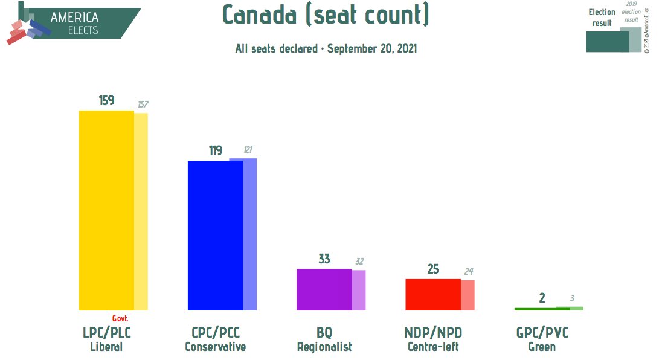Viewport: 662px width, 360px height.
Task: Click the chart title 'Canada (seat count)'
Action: click(x=326, y=14)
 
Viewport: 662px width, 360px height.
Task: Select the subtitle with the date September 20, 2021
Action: click(x=326, y=48)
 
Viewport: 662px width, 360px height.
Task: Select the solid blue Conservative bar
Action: click(x=215, y=236)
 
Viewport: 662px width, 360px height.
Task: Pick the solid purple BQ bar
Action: click(x=324, y=289)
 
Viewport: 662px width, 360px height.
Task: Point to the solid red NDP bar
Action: click(x=432, y=294)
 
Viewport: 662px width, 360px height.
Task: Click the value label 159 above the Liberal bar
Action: click(x=107, y=100)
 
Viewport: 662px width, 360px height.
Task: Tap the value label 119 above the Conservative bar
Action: click(x=216, y=150)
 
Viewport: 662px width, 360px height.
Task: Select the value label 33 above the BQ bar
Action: click(x=324, y=259)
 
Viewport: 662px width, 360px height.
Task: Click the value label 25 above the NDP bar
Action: click(x=433, y=269)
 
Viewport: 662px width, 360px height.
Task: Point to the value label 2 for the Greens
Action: click(x=542, y=297)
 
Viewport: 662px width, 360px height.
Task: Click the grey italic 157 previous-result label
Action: click(x=143, y=104)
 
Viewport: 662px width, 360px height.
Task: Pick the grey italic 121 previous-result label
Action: click(x=248, y=150)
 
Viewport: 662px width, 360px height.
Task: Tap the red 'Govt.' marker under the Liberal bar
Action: click(x=120, y=318)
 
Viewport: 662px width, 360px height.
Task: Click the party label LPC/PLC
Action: click(x=107, y=333)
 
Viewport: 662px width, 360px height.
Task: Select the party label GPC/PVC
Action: click(x=542, y=333)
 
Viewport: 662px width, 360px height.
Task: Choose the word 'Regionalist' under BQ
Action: click(x=324, y=347)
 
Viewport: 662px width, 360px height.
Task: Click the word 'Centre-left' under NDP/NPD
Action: click(x=433, y=347)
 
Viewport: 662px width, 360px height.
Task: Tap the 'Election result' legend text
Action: click(x=602, y=18)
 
